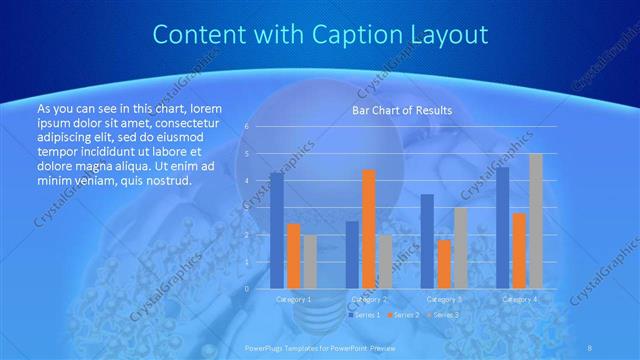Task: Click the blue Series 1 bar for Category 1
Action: pos(277,230)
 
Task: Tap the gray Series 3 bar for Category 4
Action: pos(535,220)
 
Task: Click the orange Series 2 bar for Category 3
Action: pos(444,263)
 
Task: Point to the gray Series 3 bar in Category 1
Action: pos(310,261)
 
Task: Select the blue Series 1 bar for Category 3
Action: pos(427,240)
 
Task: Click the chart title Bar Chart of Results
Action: pos(401,110)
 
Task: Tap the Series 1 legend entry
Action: pos(364,314)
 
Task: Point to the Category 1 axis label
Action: pos(294,298)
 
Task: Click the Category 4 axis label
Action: pos(519,298)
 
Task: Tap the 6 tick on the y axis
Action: pos(246,127)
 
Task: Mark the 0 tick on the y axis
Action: pos(246,288)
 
